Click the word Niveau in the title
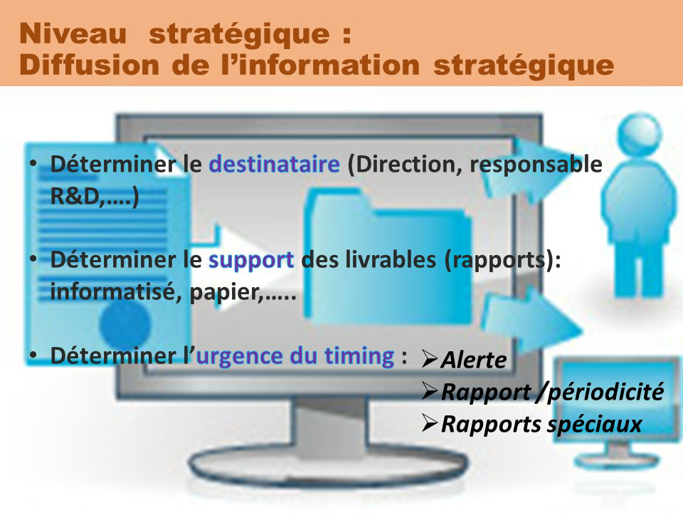(x=73, y=33)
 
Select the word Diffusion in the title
(x=89, y=65)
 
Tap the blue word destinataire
(x=275, y=164)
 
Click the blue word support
(x=251, y=261)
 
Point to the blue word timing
(x=359, y=356)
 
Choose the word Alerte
(x=474, y=361)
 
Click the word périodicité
(x=605, y=392)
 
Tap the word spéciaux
(x=594, y=425)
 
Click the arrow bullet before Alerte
(x=430, y=359)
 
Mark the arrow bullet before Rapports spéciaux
(x=430, y=423)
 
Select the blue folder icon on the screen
(x=388, y=258)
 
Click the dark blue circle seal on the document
(x=125, y=324)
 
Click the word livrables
(x=391, y=259)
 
